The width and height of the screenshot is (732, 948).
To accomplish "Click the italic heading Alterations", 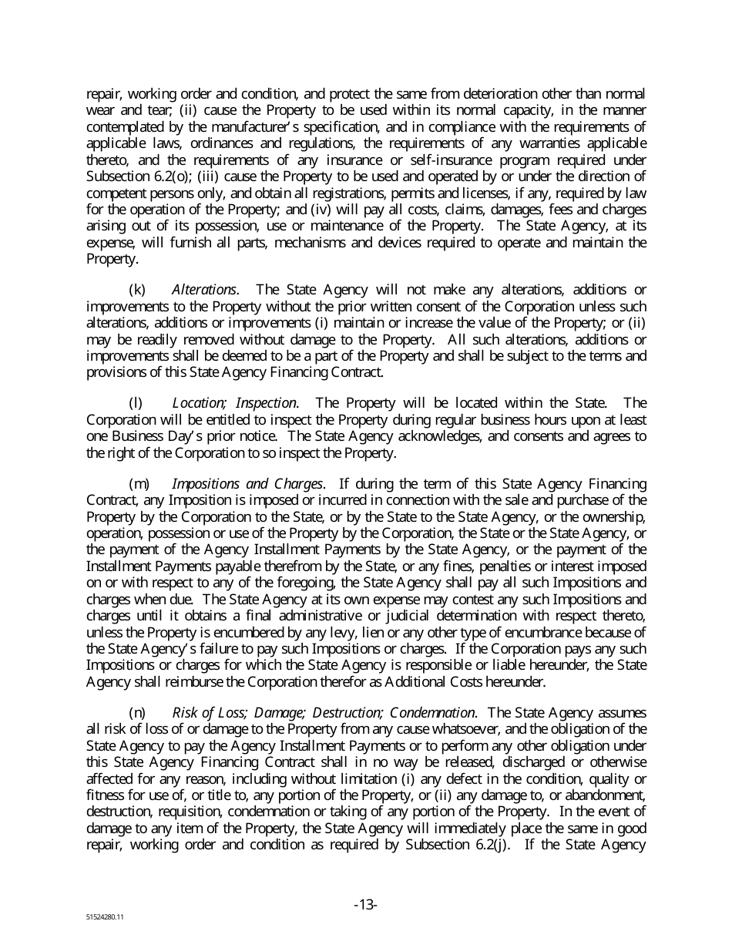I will [204, 290].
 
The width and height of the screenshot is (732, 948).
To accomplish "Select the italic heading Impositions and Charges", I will [247, 484].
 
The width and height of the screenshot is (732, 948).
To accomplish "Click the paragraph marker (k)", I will [136, 290].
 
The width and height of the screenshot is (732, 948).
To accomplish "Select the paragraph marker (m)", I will [139, 484].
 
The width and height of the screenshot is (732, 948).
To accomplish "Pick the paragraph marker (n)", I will [137, 713].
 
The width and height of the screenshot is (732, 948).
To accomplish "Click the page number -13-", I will [365, 905].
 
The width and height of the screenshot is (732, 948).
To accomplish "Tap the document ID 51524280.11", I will [105, 918].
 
